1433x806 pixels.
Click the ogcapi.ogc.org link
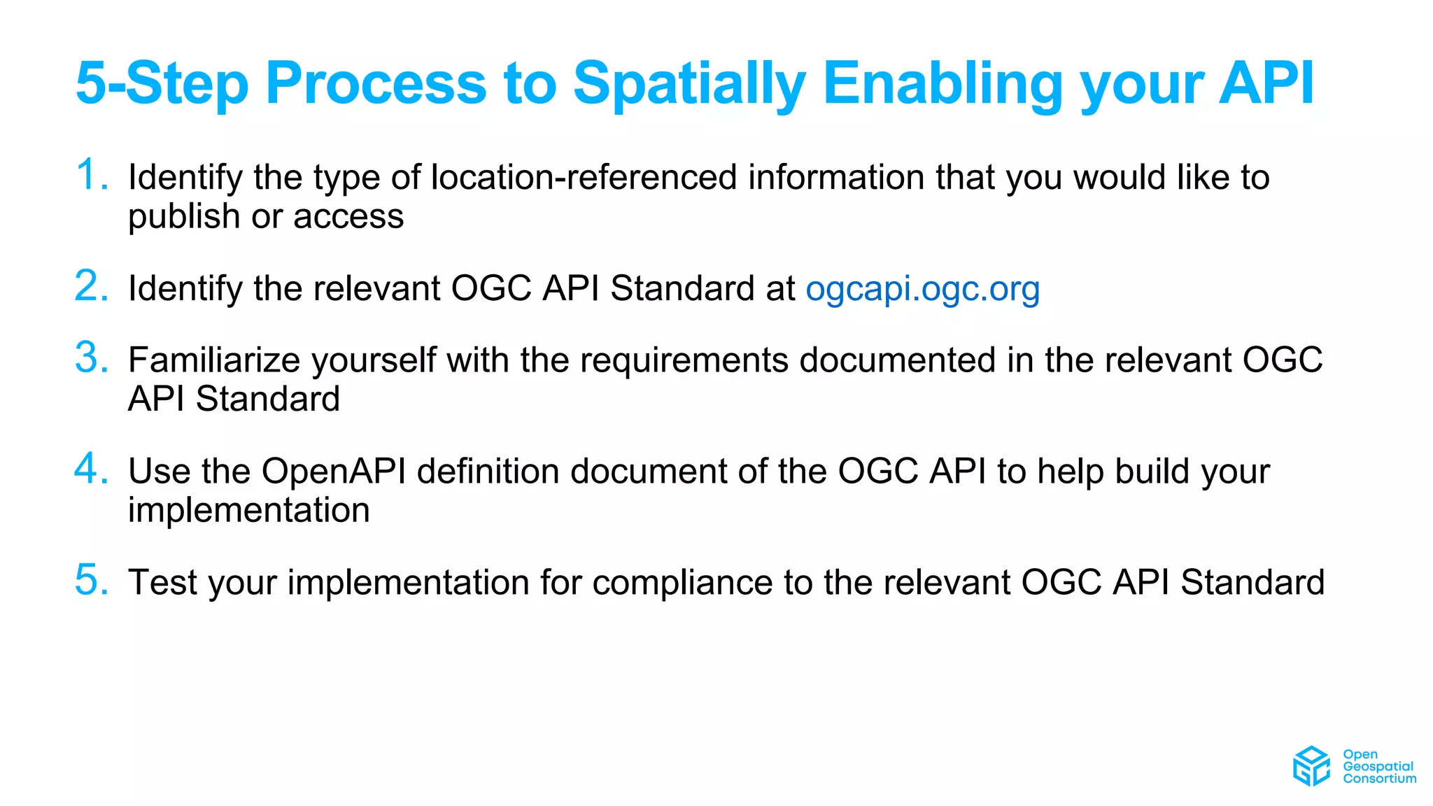pyautogui.click(x=922, y=289)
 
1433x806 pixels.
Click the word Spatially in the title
pyautogui.click(x=689, y=84)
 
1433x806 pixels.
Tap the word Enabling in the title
pyautogui.click(x=942, y=84)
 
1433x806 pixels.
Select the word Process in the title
pyautogui.click(x=376, y=84)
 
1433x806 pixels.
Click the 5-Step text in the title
pyautogui.click(x=162, y=84)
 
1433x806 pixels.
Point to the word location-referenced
pyautogui.click(x=584, y=177)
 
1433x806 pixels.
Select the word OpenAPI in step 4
pyautogui.click(x=334, y=471)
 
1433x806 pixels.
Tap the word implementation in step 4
pyautogui.click(x=248, y=510)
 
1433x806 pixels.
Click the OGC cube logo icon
pyautogui.click(x=1311, y=766)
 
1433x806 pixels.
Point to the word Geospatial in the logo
pyautogui.click(x=1378, y=766)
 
